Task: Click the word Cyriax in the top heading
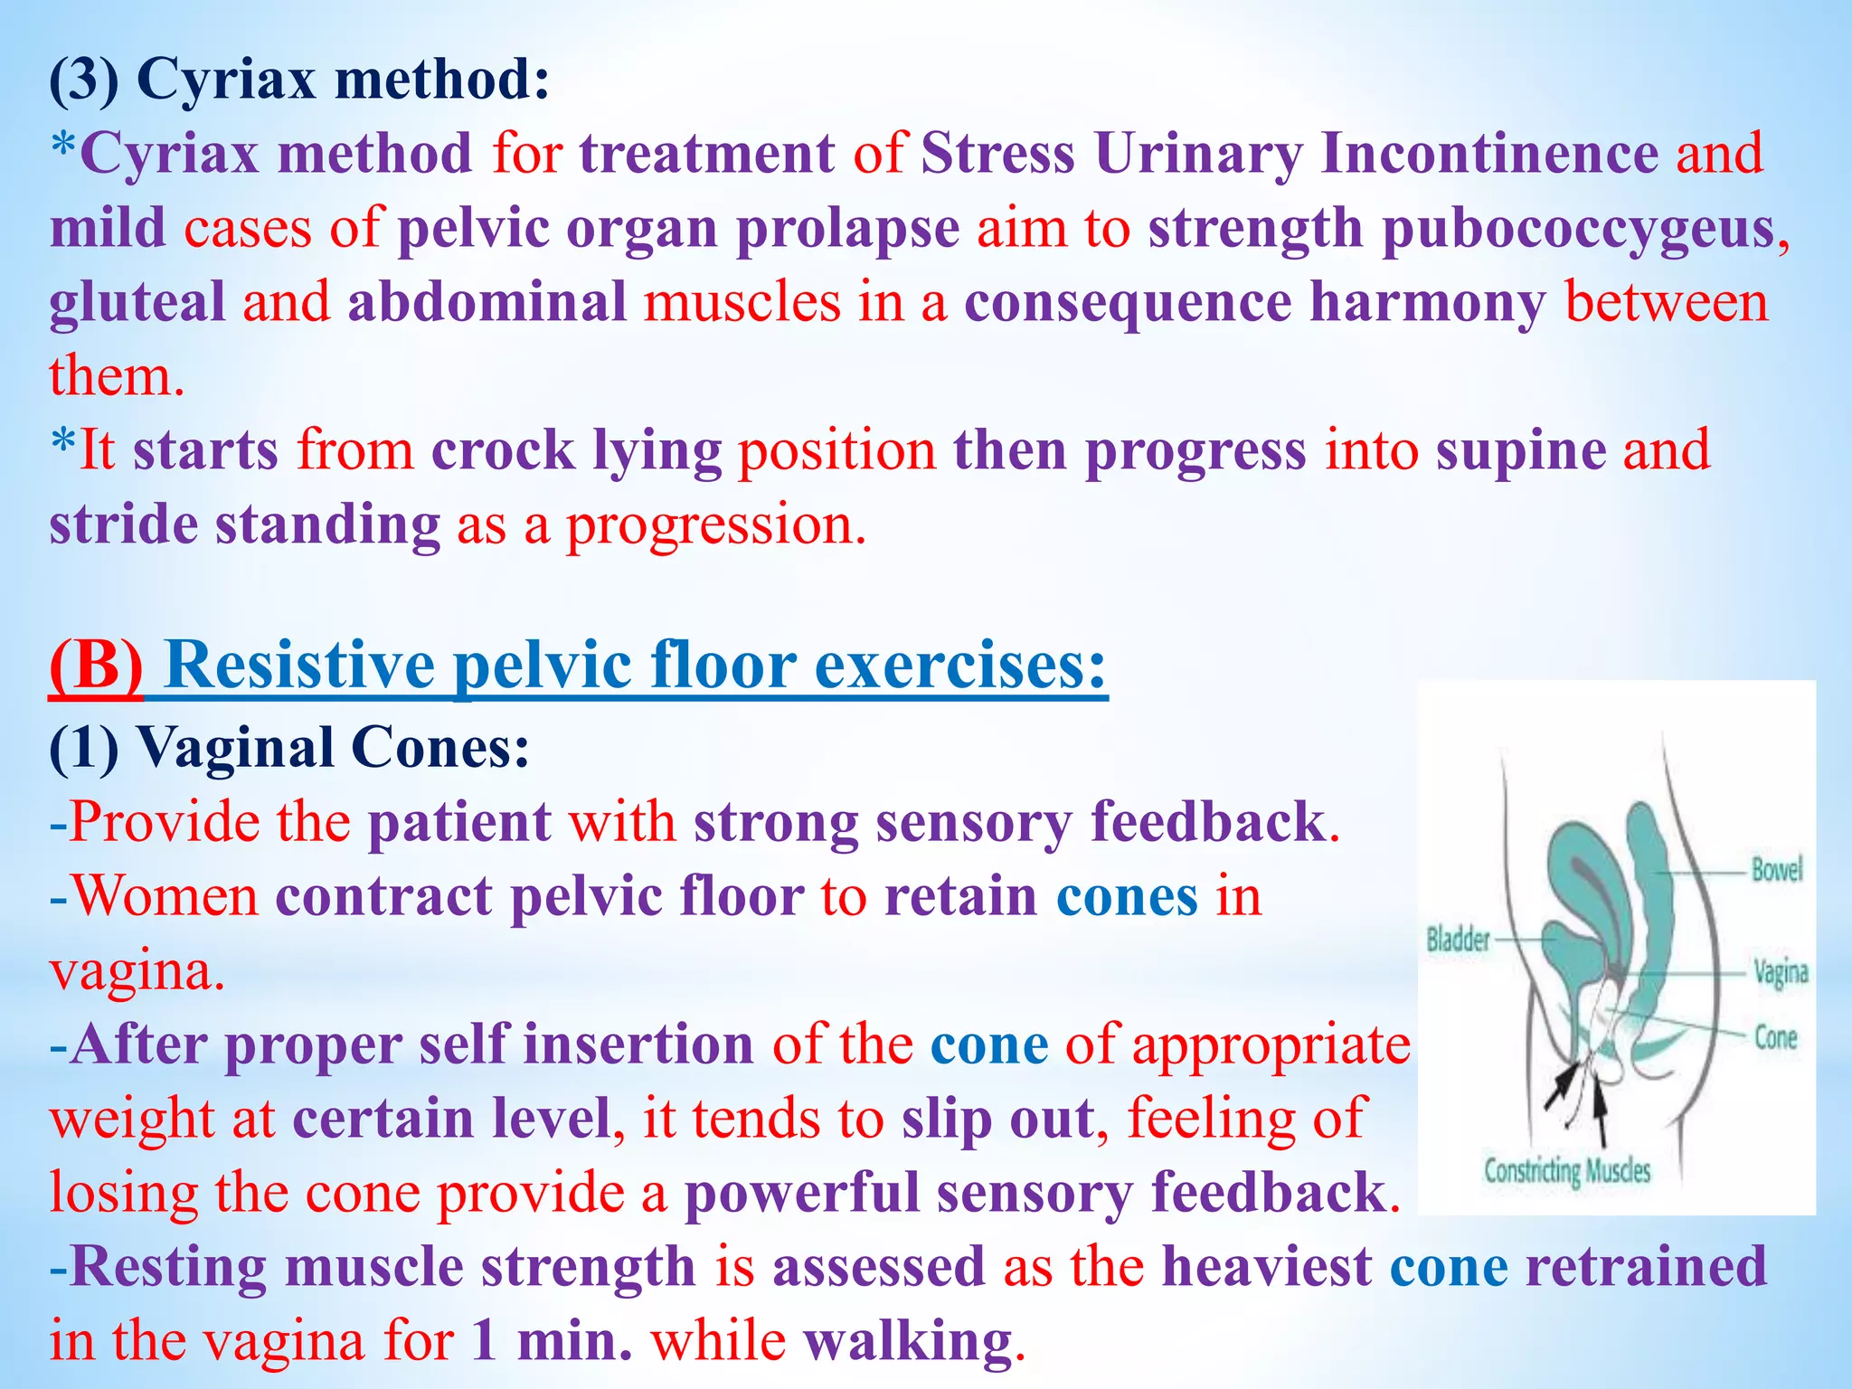(x=226, y=80)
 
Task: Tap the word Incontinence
(x=1488, y=153)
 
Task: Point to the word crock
(x=503, y=450)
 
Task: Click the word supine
(x=1520, y=450)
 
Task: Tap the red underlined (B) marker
(x=96, y=666)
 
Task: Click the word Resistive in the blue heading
(x=300, y=666)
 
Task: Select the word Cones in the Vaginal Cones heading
(x=439, y=749)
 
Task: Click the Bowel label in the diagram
(x=1776, y=870)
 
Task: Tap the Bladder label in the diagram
(x=1458, y=940)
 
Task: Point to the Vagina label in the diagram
(x=1781, y=972)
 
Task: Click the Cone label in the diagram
(x=1775, y=1037)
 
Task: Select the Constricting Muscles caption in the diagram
(x=1566, y=1171)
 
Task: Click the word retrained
(x=1646, y=1266)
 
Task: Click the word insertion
(x=638, y=1044)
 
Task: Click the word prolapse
(x=847, y=228)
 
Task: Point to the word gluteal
(x=137, y=302)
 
